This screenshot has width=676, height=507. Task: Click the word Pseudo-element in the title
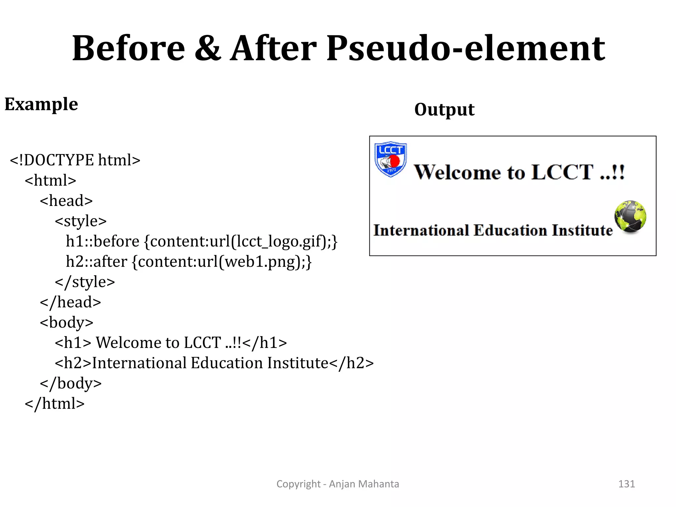point(465,49)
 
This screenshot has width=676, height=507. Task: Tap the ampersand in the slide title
point(208,49)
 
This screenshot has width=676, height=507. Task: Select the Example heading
point(41,104)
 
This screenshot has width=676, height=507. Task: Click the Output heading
point(444,110)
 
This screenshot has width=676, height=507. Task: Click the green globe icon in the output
point(630,217)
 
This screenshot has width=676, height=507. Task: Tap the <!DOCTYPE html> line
point(75,160)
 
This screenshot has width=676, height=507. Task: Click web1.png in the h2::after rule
point(261,262)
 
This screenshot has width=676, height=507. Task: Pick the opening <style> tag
point(81,221)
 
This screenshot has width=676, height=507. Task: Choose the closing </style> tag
point(85,282)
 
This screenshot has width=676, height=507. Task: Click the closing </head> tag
point(70,302)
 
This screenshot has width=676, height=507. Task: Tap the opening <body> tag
point(66,322)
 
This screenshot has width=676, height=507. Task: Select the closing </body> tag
point(71,384)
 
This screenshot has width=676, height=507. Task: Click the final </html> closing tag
point(55,404)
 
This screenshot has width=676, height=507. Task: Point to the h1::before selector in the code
point(103,241)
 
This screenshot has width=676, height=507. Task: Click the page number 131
point(626,484)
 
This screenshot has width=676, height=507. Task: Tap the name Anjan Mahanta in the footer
point(364,484)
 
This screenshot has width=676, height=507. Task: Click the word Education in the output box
point(510,230)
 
